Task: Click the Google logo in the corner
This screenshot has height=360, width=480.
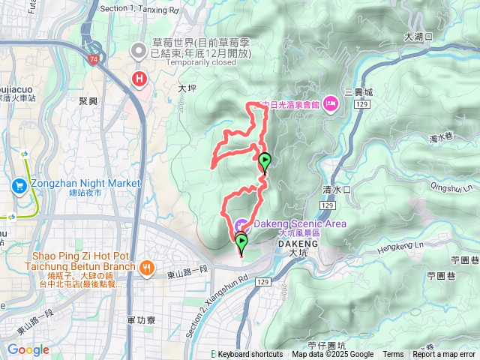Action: [28, 349]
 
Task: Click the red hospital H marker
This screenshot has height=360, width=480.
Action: [139, 78]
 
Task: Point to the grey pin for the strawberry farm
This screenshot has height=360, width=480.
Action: [138, 51]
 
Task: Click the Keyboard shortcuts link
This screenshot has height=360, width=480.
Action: [250, 355]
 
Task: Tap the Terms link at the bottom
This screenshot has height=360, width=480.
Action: [393, 355]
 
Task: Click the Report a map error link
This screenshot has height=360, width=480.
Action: [445, 355]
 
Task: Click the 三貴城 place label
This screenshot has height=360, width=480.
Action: [358, 92]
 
